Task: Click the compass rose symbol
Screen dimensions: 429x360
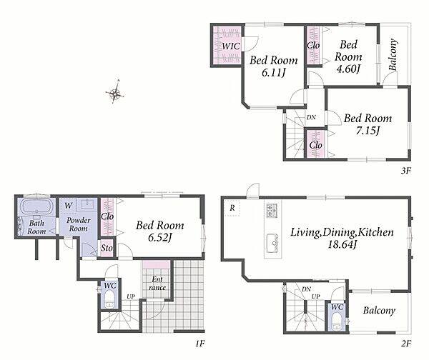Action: click(x=115, y=92)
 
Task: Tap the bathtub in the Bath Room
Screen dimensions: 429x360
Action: click(x=36, y=206)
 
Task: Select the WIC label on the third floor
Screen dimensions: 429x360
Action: click(x=231, y=46)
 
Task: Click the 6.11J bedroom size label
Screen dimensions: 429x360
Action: click(x=274, y=73)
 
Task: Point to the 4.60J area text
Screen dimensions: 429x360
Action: click(x=347, y=69)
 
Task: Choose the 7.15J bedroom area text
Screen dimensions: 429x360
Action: click(x=368, y=131)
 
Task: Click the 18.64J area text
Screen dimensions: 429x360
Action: click(x=342, y=245)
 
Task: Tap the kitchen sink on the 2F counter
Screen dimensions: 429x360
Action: click(x=272, y=243)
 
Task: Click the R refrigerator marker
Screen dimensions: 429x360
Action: click(x=232, y=209)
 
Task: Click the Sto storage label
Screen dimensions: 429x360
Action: click(x=107, y=248)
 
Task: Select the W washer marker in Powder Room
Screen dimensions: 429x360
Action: click(x=69, y=206)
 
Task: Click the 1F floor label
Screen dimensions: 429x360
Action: click(x=200, y=344)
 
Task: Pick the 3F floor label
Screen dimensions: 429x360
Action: click(x=406, y=171)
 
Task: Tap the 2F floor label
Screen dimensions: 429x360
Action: click(x=406, y=344)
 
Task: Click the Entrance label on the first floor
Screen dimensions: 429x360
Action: click(x=157, y=284)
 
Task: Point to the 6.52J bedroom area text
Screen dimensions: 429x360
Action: click(x=159, y=238)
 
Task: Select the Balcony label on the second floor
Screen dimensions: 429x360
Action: click(x=379, y=311)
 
